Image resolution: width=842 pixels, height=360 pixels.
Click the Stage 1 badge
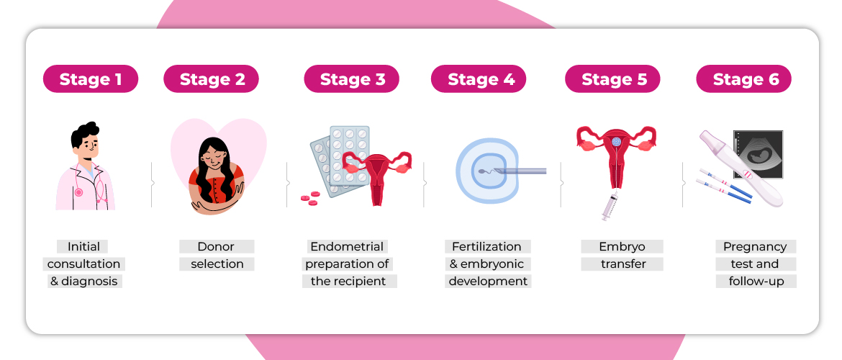click(x=90, y=79)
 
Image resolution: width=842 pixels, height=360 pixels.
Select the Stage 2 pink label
click(x=211, y=79)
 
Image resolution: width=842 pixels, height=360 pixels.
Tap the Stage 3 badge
click(x=351, y=79)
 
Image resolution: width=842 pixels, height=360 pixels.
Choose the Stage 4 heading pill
click(x=480, y=79)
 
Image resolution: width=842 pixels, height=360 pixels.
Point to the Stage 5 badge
click(x=613, y=79)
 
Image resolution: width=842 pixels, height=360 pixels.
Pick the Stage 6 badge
click(x=745, y=79)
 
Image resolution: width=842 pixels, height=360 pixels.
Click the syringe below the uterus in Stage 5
click(x=610, y=205)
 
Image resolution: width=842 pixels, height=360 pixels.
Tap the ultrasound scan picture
click(x=758, y=153)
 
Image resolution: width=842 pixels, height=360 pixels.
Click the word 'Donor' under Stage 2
click(x=216, y=246)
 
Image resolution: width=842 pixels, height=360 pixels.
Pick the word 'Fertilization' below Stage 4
click(x=487, y=246)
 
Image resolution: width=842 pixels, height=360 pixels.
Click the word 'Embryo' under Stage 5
click(x=622, y=246)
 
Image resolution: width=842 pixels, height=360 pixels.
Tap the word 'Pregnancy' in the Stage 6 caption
click(x=755, y=246)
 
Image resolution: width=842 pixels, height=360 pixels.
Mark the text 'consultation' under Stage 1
click(x=83, y=264)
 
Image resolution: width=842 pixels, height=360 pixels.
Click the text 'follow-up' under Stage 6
click(x=756, y=281)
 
